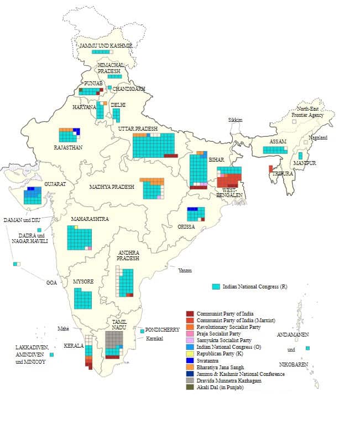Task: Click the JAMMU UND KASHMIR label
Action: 105,45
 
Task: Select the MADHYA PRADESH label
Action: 112,187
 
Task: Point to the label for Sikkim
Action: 235,120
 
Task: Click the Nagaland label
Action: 318,137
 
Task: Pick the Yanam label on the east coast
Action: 185,270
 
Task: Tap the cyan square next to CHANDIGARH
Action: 109,87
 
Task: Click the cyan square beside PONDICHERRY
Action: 142,331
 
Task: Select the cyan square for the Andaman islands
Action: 307,348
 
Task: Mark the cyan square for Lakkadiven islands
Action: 51,354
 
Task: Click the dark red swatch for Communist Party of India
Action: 189,314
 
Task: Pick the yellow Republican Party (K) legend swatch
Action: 189,354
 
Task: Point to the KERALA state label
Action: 74,346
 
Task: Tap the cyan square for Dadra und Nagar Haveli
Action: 39,229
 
